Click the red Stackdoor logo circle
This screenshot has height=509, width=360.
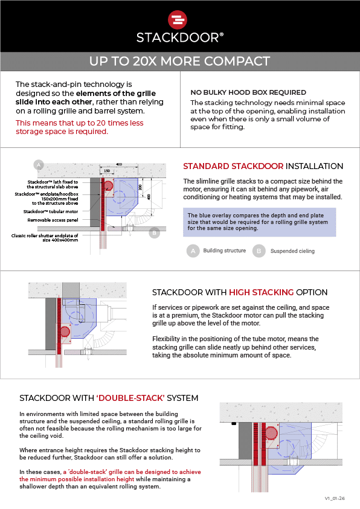[x=178, y=20]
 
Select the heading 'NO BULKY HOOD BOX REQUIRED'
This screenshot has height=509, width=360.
[x=248, y=92]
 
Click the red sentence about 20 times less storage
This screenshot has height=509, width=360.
[x=80, y=127]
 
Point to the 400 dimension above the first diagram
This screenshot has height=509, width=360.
[x=119, y=164]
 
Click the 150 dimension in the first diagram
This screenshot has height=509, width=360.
[x=107, y=171]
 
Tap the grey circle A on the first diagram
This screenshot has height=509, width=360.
[x=39, y=165]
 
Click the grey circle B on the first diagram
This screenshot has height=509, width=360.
[x=155, y=232]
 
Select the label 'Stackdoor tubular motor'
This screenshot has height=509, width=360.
[x=51, y=212]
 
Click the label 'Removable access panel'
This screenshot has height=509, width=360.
[x=53, y=220]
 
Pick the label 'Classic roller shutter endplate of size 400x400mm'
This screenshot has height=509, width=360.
[x=45, y=238]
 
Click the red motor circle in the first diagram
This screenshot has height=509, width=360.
[x=108, y=186]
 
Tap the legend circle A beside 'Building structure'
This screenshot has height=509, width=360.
[x=193, y=251]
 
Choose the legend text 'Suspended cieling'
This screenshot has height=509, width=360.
[x=292, y=251]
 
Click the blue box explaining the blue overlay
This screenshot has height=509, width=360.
[x=259, y=222]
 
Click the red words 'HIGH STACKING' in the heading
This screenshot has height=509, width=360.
[x=262, y=292]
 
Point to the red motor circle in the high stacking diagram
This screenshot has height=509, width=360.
[x=65, y=331]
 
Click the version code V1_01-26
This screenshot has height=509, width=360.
[x=335, y=498]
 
